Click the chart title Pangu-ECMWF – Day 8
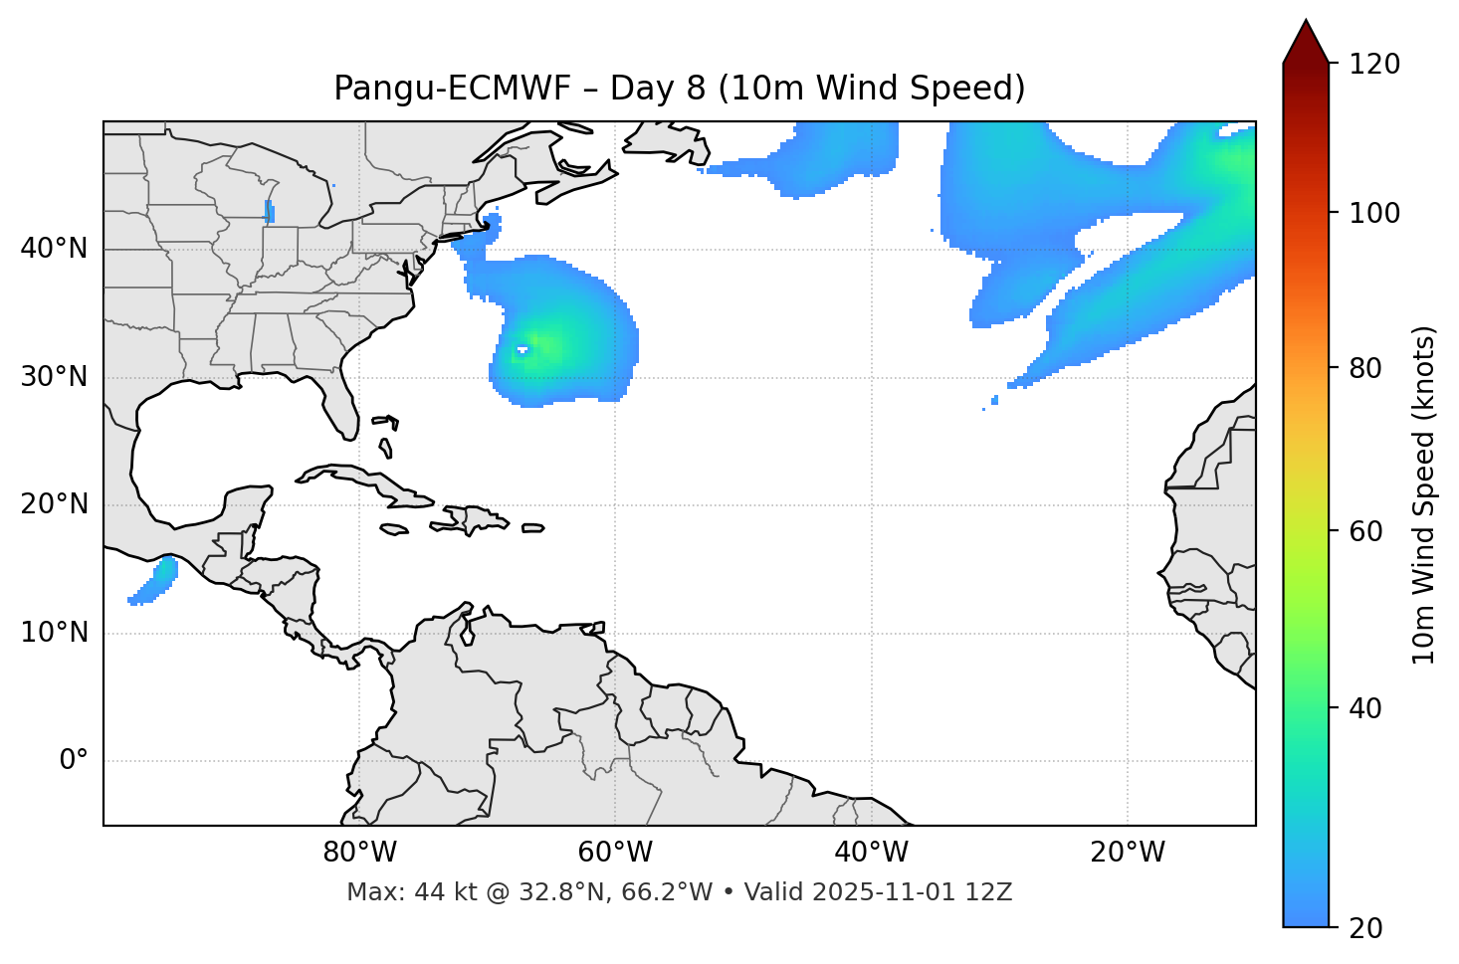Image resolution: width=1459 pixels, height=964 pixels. (679, 89)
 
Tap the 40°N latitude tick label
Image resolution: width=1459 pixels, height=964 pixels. (54, 249)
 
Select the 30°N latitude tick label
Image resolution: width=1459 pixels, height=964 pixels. (54, 377)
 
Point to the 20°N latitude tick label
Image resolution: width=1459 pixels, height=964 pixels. (54, 504)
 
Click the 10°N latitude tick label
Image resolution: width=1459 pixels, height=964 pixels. (54, 633)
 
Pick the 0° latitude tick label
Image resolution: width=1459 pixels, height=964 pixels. (74, 761)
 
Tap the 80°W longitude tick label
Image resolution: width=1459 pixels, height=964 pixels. (359, 853)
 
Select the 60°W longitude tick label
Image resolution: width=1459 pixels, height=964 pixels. (615, 853)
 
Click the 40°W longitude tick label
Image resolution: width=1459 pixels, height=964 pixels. (871, 853)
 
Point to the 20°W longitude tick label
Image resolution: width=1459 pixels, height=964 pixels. (1127, 853)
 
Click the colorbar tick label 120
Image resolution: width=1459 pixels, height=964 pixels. (1373, 65)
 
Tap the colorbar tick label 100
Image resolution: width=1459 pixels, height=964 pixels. (1373, 213)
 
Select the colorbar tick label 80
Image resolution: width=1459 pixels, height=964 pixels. (1365, 368)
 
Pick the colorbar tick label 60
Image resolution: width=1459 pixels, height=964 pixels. (1365, 531)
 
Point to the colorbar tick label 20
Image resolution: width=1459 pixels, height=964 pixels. (1365, 928)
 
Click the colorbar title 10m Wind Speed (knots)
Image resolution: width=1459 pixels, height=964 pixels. (1424, 494)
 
